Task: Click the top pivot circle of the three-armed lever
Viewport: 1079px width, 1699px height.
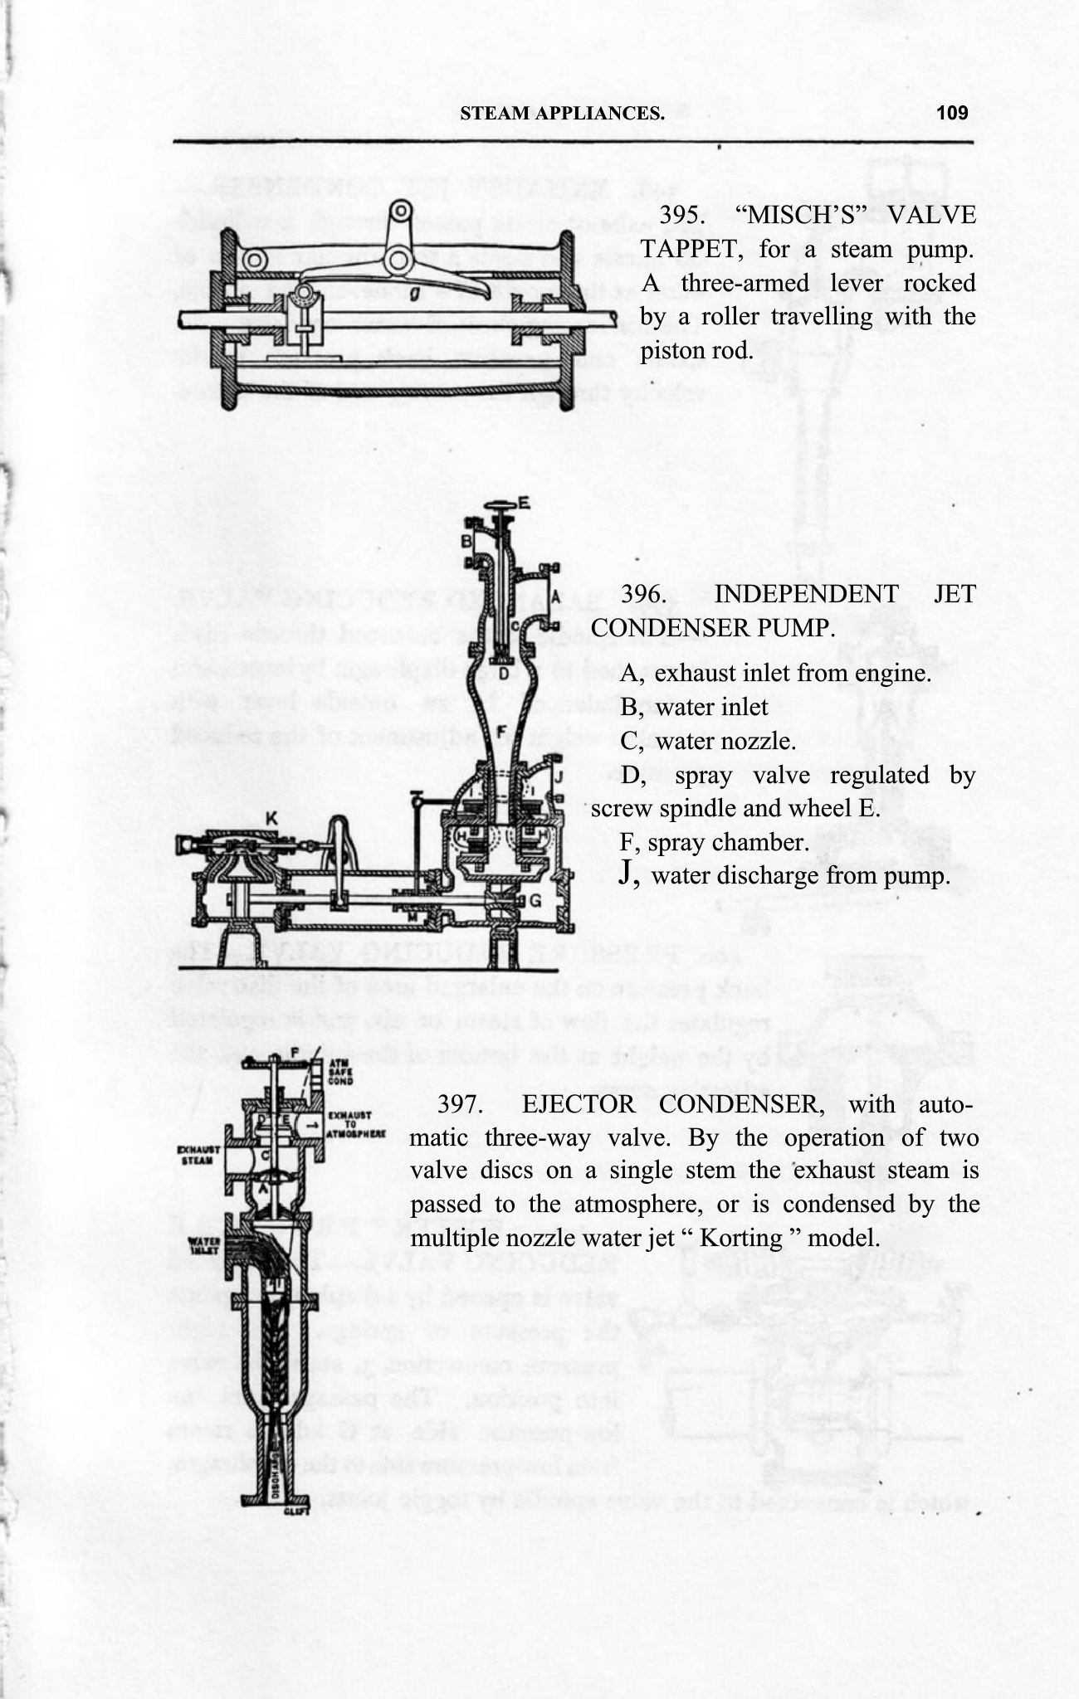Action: (x=402, y=212)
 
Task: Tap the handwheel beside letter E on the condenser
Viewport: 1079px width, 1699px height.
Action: (x=501, y=505)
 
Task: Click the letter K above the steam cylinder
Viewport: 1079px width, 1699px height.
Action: (x=271, y=818)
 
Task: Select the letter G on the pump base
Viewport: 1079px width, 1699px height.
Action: (x=535, y=899)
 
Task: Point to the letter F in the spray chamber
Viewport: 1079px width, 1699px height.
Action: (x=500, y=730)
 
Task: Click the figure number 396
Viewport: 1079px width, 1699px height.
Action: (x=642, y=594)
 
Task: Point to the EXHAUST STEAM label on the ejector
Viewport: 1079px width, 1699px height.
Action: (x=198, y=1155)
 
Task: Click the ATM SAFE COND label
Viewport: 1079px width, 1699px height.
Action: (x=342, y=1072)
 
